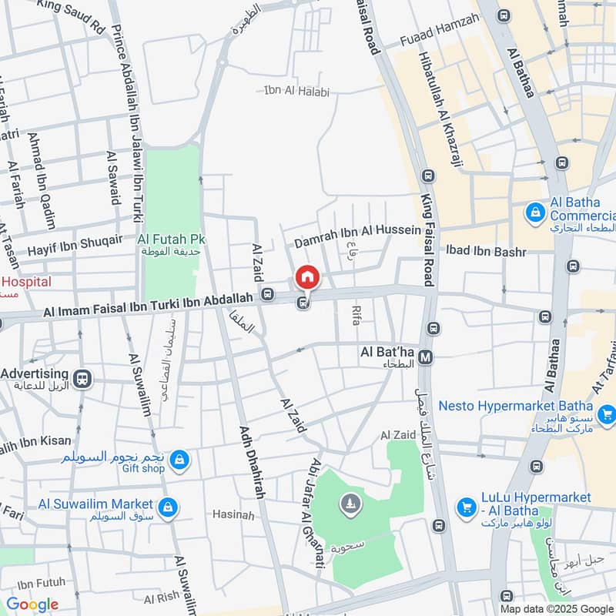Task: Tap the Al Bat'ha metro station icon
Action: click(427, 355)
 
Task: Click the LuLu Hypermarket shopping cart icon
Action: click(466, 507)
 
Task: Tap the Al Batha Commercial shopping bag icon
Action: click(535, 212)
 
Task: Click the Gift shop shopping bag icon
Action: click(179, 460)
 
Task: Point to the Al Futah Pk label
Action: click(171, 239)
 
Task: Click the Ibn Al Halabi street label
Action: click(296, 92)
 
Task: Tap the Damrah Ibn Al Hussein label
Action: click(357, 230)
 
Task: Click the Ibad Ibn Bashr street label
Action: click(487, 252)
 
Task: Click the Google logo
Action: click(32, 604)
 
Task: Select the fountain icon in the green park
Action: click(350, 504)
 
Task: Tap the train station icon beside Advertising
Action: click(82, 378)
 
